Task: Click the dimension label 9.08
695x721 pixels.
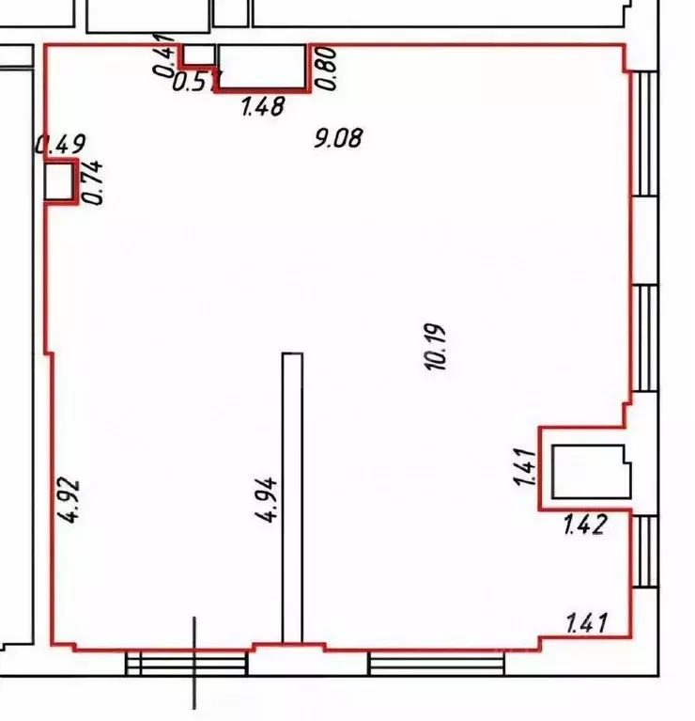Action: pyautogui.click(x=338, y=140)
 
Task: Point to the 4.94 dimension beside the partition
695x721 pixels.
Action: pyautogui.click(x=267, y=500)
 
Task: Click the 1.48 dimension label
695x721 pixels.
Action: pyautogui.click(x=263, y=107)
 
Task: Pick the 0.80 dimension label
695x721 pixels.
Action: pyautogui.click(x=327, y=69)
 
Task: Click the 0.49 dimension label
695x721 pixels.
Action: pyautogui.click(x=60, y=145)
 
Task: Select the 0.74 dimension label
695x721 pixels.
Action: pyautogui.click(x=94, y=182)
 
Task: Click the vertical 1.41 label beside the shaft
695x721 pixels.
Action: pyautogui.click(x=525, y=468)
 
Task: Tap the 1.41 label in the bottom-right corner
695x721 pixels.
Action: pyautogui.click(x=587, y=622)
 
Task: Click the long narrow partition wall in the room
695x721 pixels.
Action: pyautogui.click(x=293, y=496)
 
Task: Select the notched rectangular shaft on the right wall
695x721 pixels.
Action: pyautogui.click(x=590, y=472)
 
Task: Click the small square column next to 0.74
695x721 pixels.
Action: pyautogui.click(x=60, y=181)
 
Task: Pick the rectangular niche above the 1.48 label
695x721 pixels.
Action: pyautogui.click(x=262, y=67)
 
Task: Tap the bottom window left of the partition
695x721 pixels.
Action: pyautogui.click(x=187, y=664)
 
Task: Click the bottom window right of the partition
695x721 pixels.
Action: pyautogui.click(x=436, y=664)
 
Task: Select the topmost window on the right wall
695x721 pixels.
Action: pyautogui.click(x=645, y=132)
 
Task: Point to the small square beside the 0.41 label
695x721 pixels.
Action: pyautogui.click(x=196, y=55)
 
